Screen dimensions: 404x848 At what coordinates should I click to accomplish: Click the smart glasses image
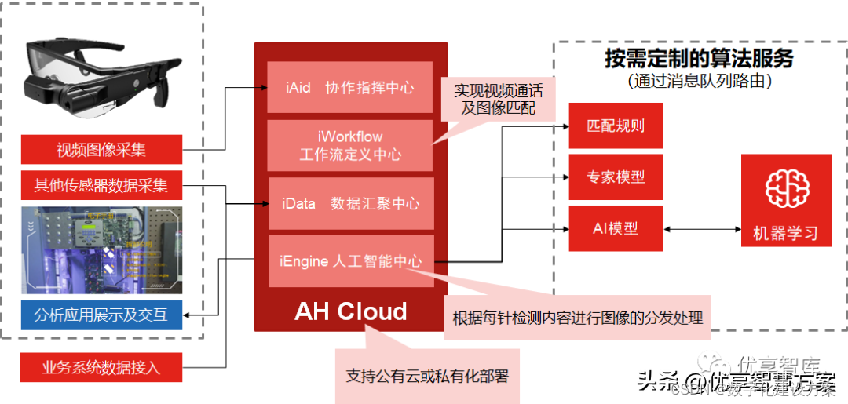pos(102,78)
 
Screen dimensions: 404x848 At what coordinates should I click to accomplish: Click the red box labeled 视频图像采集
pos(101,148)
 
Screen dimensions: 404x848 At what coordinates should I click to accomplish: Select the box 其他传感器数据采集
pos(101,186)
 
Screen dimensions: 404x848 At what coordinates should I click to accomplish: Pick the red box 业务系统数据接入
pos(101,367)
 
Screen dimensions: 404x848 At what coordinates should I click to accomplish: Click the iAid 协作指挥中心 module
pos(350,87)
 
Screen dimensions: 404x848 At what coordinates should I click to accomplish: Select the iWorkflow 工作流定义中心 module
pos(350,146)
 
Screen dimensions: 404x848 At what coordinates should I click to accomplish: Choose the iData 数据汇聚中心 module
pos(350,203)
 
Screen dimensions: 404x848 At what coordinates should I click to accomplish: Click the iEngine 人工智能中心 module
pos(350,261)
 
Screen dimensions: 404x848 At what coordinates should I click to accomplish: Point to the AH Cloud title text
pos(350,311)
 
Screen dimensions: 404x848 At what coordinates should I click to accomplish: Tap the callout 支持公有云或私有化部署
pos(427,376)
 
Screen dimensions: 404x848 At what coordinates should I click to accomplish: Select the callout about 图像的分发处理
pos(577,318)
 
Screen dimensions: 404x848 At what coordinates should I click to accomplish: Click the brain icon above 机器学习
pos(785,189)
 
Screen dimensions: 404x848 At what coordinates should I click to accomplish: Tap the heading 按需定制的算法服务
pos(699,59)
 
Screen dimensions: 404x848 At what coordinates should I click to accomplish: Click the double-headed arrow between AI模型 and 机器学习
pos(702,229)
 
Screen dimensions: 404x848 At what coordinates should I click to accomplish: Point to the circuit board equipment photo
pos(101,250)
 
